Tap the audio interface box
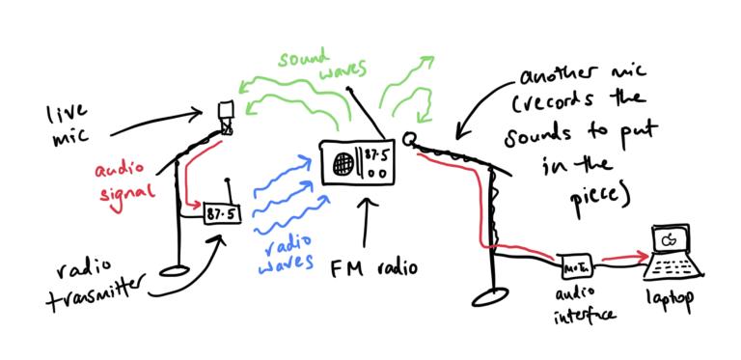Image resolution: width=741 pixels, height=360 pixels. coord(575,263)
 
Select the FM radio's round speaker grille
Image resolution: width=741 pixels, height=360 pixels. coord(341,165)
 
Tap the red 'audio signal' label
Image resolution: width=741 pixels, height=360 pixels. coord(123,180)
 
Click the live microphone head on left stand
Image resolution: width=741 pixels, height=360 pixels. coord(227,114)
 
